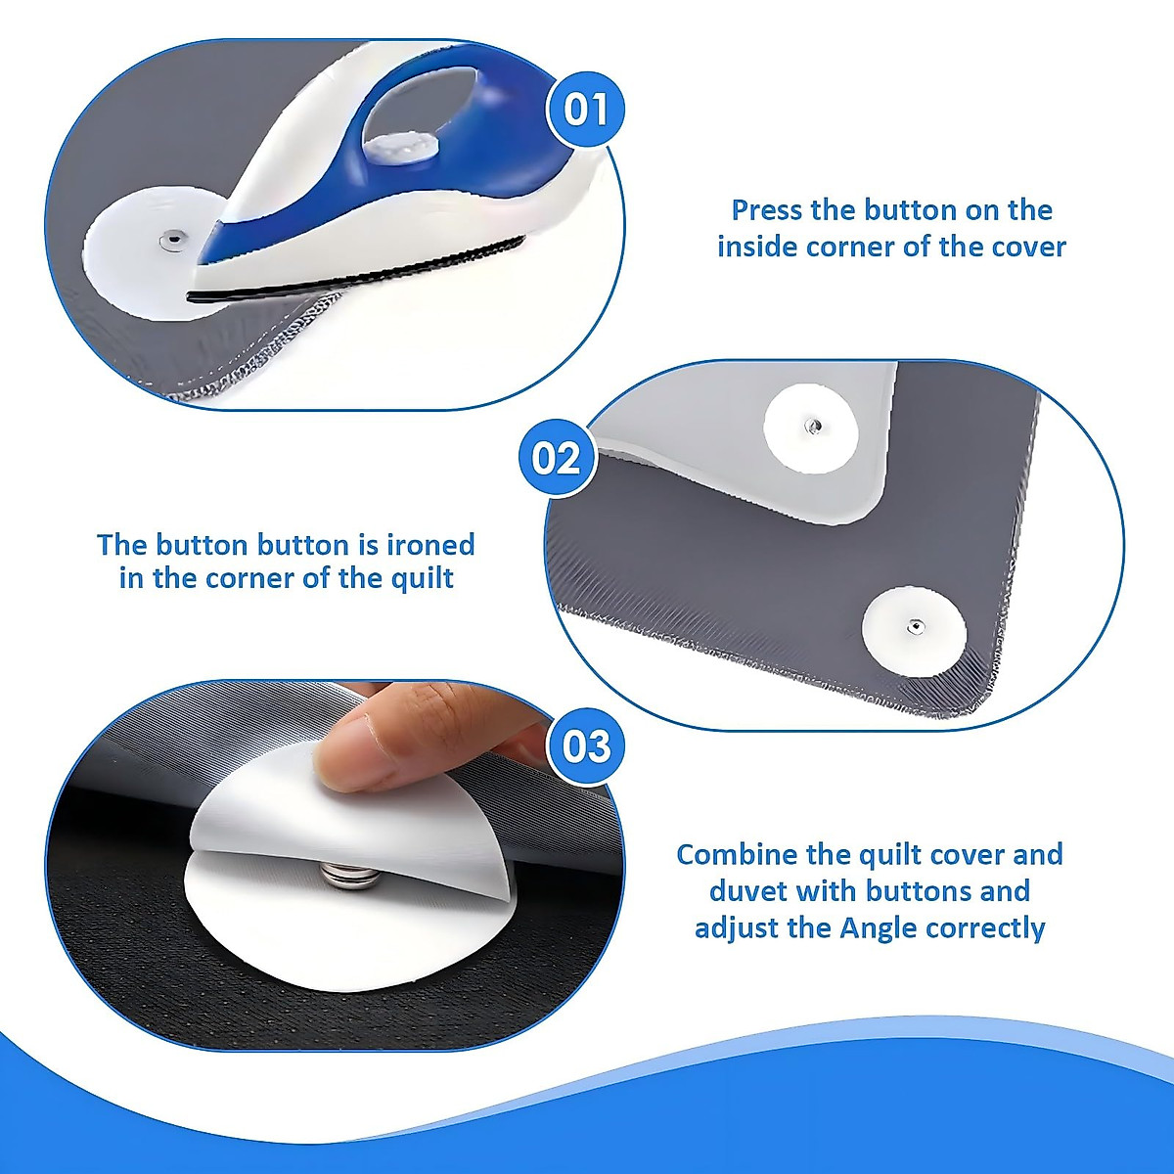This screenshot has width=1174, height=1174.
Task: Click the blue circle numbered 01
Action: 586,109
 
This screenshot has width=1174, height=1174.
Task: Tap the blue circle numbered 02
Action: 557,457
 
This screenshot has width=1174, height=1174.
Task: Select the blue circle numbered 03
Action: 586,745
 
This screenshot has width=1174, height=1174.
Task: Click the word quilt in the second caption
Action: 421,578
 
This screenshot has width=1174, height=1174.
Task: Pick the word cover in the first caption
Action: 1028,246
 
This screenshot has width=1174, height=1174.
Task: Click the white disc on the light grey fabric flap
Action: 810,427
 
